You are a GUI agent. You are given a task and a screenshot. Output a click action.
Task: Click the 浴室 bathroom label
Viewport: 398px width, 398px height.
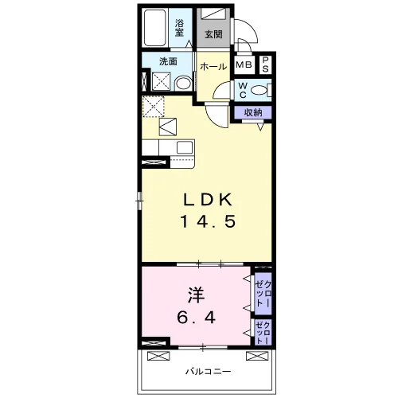tap(179, 28)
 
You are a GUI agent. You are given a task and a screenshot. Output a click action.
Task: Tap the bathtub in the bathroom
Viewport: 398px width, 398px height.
tap(155, 28)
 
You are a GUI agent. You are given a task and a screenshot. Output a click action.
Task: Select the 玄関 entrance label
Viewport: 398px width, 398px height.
tap(213, 34)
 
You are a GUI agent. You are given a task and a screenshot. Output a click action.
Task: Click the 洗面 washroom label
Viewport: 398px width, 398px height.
tap(168, 61)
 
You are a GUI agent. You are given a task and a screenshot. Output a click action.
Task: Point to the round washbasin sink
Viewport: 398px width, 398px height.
tap(184, 84)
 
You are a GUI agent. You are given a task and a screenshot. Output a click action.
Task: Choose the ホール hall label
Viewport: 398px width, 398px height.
tap(213, 66)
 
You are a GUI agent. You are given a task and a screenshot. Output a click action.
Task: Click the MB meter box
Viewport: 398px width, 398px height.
tap(244, 64)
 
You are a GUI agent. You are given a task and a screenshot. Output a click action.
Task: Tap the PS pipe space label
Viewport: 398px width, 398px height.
tap(265, 64)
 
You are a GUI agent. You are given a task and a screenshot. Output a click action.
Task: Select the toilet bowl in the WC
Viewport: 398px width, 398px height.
tap(259, 90)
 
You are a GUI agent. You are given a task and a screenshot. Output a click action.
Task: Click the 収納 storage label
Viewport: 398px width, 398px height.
tap(253, 112)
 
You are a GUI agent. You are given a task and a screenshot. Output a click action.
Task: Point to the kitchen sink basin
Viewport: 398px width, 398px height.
tap(185, 147)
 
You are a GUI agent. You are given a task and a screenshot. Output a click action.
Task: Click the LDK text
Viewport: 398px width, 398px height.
tap(208, 200)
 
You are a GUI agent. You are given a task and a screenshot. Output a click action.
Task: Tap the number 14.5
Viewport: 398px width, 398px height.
tap(208, 221)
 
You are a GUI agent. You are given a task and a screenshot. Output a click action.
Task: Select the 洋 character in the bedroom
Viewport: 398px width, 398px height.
tap(197, 295)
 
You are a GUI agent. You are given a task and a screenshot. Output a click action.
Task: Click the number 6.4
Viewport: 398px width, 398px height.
tap(197, 318)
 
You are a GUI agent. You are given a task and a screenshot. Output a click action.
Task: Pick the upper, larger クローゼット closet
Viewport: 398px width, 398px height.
tap(263, 294)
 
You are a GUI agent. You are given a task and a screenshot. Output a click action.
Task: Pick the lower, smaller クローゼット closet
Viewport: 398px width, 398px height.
tap(263, 333)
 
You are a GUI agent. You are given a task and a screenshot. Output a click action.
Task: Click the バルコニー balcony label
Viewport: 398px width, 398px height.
tap(208, 372)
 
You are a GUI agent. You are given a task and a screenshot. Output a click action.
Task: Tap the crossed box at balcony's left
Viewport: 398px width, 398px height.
tap(158, 356)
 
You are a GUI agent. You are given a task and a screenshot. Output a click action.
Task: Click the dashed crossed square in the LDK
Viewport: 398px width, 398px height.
tap(154, 107)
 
